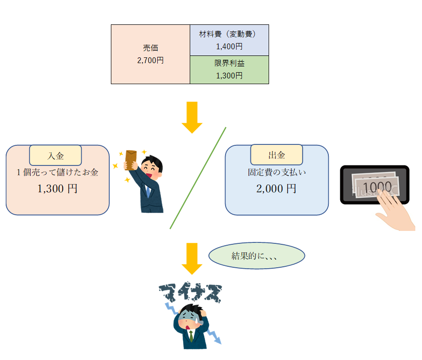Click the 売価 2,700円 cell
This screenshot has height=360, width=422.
151,54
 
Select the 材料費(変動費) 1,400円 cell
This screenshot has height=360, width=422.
229,40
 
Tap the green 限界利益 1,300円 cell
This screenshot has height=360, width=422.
229,69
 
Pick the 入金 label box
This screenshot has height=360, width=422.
55,155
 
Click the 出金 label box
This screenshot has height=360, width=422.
276,155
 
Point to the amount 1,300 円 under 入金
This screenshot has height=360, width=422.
57,188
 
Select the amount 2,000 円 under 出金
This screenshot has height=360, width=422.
276,188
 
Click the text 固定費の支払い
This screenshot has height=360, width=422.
276,172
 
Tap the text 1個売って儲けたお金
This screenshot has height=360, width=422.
57,173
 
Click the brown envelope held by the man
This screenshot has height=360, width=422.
130,159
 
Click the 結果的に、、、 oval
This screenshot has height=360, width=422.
257,255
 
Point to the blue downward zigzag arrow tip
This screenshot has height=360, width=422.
219,342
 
